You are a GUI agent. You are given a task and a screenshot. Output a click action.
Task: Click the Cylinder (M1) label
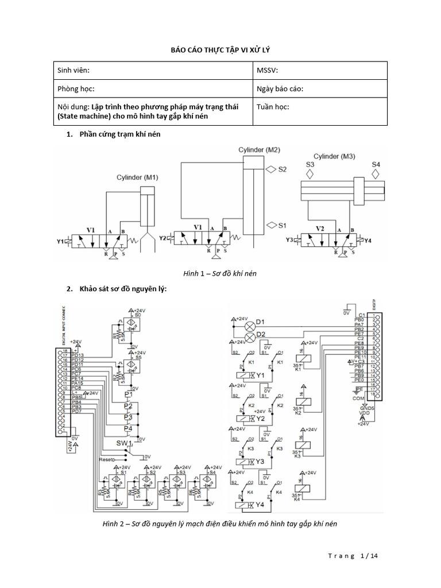(137, 177)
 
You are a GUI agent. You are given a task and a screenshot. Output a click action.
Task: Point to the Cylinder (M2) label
(259, 150)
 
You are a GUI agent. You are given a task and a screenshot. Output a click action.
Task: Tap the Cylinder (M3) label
(334, 156)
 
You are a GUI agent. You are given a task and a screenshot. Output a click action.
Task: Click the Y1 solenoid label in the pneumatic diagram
(61, 241)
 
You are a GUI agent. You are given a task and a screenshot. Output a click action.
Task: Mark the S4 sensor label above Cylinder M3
(376, 164)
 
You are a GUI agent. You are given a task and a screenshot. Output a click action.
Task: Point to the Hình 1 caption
(220, 274)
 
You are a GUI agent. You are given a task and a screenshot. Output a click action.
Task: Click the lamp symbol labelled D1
(250, 322)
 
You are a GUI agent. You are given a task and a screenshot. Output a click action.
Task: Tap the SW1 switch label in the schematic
(125, 443)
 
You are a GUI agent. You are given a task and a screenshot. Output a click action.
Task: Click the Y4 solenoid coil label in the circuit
(260, 505)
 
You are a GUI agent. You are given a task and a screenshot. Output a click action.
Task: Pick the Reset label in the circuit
(106, 459)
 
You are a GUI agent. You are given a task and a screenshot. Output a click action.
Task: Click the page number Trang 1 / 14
(353, 556)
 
